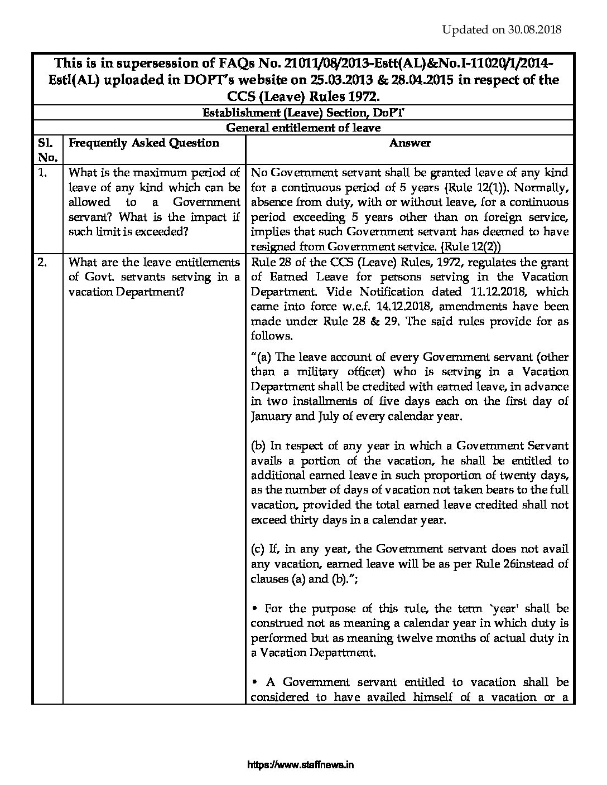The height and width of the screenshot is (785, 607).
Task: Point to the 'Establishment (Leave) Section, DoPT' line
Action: pyautogui.click(x=303, y=113)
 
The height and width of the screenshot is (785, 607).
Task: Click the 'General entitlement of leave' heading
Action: pyautogui.click(x=303, y=128)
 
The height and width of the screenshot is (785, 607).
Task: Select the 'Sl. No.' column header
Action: pyautogui.click(x=47, y=149)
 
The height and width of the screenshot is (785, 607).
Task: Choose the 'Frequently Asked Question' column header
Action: pyautogui.click(x=143, y=143)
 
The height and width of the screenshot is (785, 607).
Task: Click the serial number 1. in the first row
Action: pyautogui.click(x=42, y=172)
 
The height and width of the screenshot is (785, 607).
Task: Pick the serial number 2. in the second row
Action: pyautogui.click(x=42, y=262)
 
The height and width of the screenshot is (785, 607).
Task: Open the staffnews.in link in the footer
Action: pyautogui.click(x=300, y=765)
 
